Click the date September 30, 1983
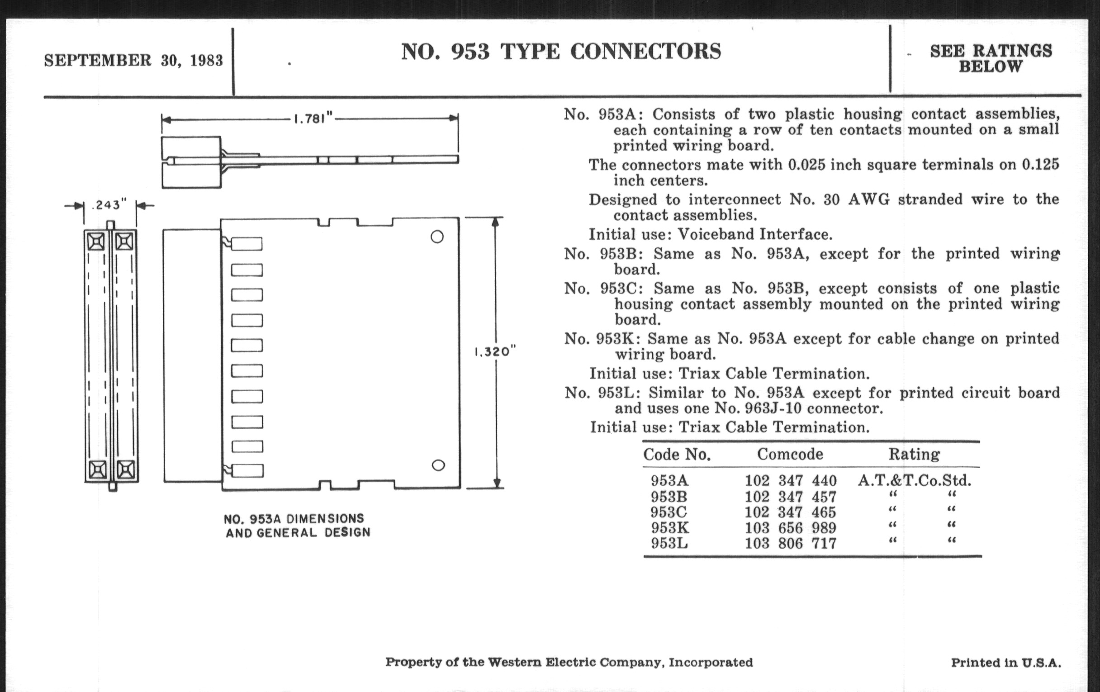(x=133, y=60)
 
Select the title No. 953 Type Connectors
(x=561, y=51)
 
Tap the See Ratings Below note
(x=991, y=58)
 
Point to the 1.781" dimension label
(x=313, y=119)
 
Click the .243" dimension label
(x=109, y=204)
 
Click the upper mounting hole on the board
(x=437, y=237)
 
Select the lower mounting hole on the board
(x=438, y=465)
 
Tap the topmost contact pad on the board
(x=247, y=244)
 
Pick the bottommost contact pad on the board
(x=247, y=470)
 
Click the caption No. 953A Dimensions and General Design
(x=297, y=526)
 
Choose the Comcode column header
(x=790, y=454)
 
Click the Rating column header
(x=914, y=454)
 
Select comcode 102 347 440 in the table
(x=790, y=480)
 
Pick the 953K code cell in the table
(x=670, y=527)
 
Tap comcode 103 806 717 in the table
(x=790, y=543)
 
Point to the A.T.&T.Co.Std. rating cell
(x=914, y=480)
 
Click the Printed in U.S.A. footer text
(x=1005, y=663)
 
